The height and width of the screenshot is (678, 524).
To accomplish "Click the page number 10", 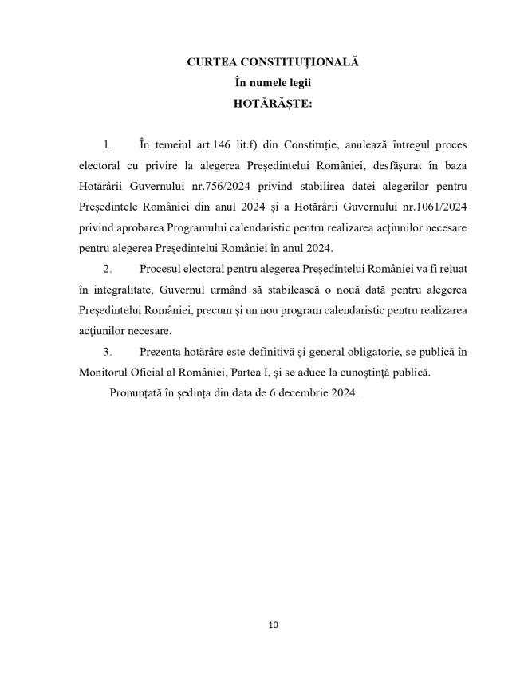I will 274,625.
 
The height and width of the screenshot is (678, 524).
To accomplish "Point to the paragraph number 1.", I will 107,144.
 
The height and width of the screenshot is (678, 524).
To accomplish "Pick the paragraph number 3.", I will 107,352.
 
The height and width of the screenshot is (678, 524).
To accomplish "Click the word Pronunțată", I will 136,393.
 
